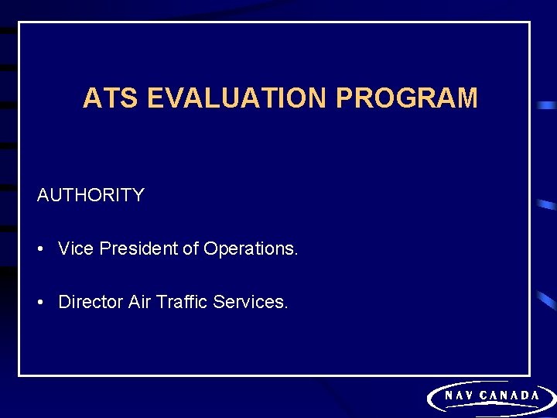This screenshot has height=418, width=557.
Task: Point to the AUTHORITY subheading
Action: (x=91, y=195)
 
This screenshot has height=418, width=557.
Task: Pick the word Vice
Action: (x=75, y=248)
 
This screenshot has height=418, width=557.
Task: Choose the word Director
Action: (x=91, y=302)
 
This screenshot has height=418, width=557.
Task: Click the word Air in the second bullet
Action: (x=139, y=302)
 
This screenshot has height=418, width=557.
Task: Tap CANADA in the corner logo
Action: (x=510, y=396)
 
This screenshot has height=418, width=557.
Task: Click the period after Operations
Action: (x=296, y=254)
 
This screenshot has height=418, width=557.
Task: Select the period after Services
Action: (x=286, y=307)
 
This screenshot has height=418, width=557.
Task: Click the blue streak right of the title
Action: (x=547, y=104)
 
